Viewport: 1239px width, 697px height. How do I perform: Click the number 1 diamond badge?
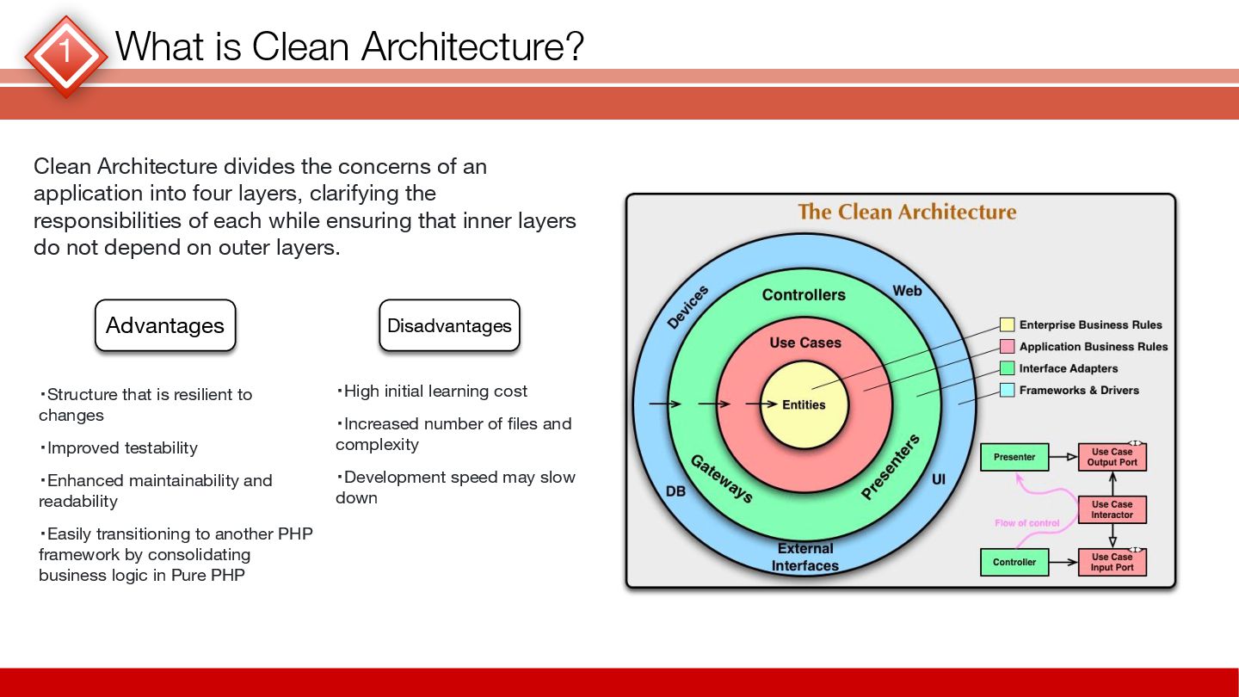click(x=65, y=54)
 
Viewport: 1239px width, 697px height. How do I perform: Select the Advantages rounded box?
click(x=165, y=325)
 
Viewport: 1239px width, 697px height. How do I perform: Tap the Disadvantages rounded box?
click(x=449, y=325)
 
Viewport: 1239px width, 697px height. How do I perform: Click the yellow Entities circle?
click(x=804, y=404)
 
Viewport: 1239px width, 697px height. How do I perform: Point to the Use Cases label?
click(x=805, y=342)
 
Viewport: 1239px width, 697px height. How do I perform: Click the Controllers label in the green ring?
click(x=804, y=295)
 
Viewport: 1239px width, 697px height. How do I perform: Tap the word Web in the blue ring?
click(x=907, y=291)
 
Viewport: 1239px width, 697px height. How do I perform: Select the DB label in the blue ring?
click(x=675, y=492)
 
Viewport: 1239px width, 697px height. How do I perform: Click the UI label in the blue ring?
click(x=938, y=478)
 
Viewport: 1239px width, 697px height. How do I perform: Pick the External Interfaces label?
click(x=805, y=557)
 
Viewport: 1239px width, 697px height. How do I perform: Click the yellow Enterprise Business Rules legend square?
click(x=1007, y=325)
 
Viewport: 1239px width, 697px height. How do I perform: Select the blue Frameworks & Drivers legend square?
click(x=1007, y=391)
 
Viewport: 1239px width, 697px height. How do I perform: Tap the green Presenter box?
click(x=1014, y=457)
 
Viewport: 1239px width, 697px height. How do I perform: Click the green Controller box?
click(x=1014, y=562)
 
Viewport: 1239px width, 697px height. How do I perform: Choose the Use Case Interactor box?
click(x=1112, y=509)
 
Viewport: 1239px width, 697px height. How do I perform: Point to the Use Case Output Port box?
click(x=1112, y=457)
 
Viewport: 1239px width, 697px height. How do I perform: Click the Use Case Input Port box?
click(x=1112, y=562)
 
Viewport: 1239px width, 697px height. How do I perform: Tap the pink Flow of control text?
click(x=1027, y=523)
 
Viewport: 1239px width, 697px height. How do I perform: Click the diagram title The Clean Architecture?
click(x=907, y=212)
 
